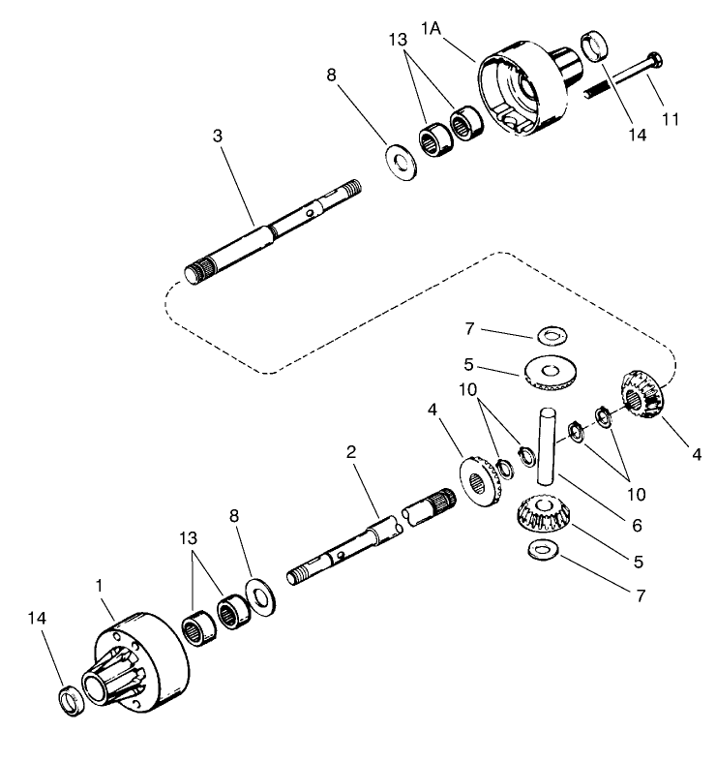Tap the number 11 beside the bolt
[x=670, y=120]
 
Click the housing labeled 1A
[x=527, y=87]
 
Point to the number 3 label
[x=219, y=137]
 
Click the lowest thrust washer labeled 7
[x=543, y=550]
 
